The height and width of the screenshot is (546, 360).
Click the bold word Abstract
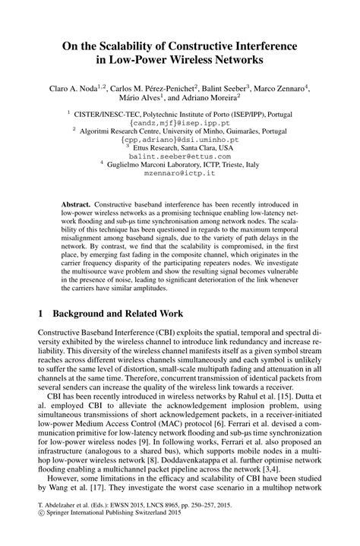click(76, 205)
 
